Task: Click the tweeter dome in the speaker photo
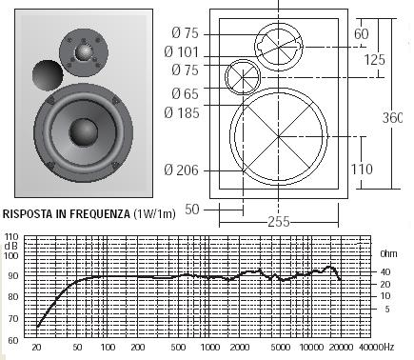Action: click(x=84, y=52)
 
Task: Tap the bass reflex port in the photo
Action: click(x=48, y=75)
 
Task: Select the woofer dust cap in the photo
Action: click(x=84, y=132)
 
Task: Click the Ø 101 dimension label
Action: click(x=181, y=51)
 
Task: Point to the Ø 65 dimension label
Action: click(x=185, y=93)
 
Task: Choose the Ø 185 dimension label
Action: click(x=182, y=112)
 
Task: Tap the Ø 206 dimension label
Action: click(x=181, y=170)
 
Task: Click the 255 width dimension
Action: click(x=279, y=221)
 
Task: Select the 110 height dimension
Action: click(x=362, y=169)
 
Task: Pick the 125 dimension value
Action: click(x=374, y=59)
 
